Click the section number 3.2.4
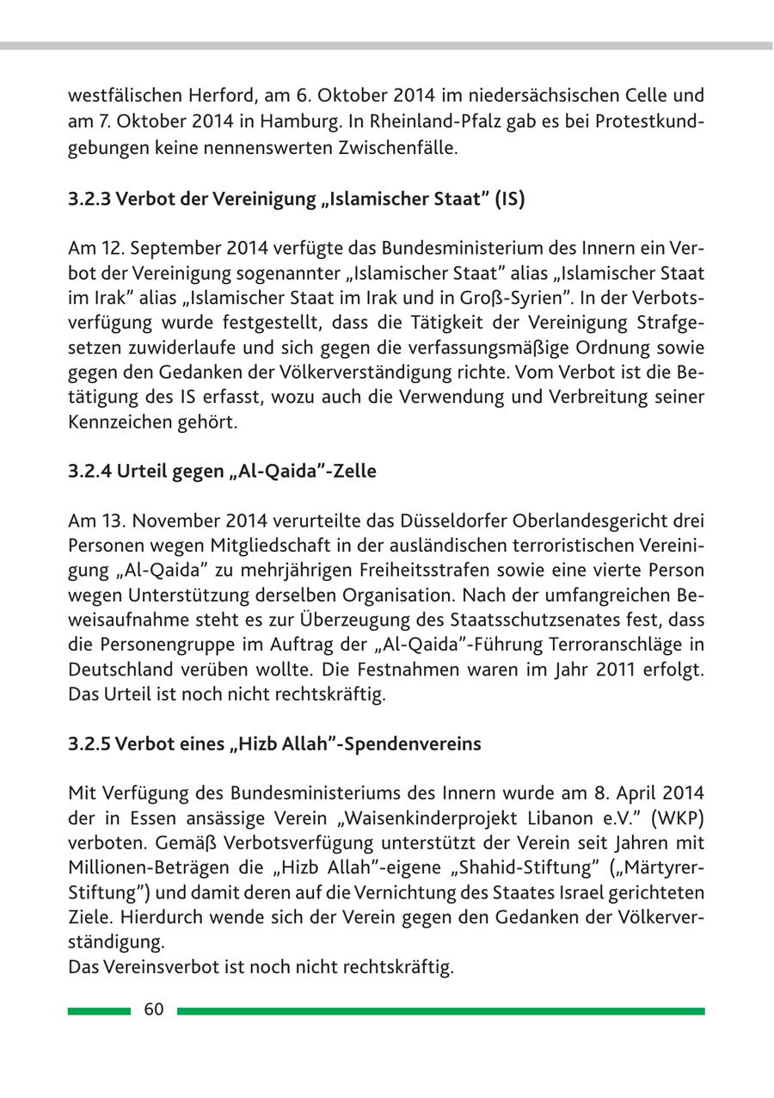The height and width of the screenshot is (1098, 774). pyautogui.click(x=89, y=472)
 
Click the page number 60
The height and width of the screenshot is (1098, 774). pyautogui.click(x=154, y=1010)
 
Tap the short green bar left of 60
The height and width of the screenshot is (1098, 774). pyautogui.click(x=99, y=1011)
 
